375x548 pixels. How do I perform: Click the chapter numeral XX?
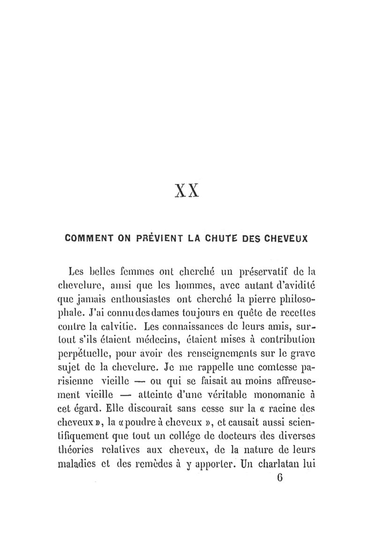[x=187, y=192]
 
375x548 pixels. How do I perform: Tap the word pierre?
[x=265, y=299]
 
